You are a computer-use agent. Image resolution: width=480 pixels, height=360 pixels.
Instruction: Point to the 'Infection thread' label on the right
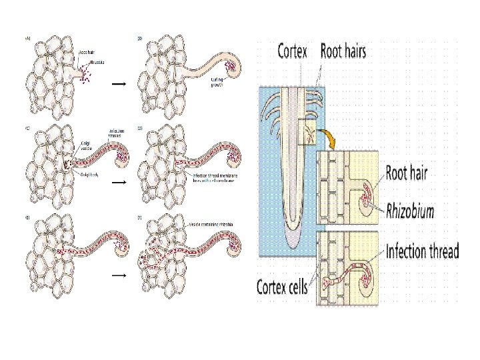coord(422,251)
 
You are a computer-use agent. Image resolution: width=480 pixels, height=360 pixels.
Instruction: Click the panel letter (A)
coord(27,39)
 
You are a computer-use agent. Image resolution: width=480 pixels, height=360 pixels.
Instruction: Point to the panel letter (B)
coord(140,39)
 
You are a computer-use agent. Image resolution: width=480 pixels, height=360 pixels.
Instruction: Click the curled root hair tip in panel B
coord(233,66)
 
